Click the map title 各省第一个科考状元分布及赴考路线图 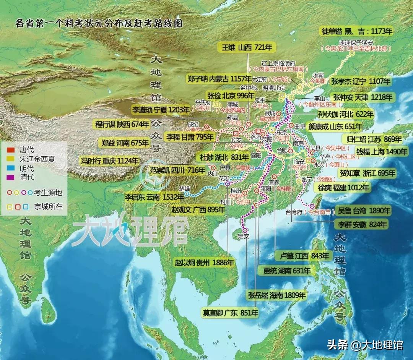click(99, 24)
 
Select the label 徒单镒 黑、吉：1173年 click(358, 32)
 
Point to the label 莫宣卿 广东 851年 click(231, 313)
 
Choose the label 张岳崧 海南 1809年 click(277, 295)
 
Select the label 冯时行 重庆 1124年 click(110, 161)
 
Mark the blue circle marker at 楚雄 click(186, 194)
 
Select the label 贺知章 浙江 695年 click(367, 173)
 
